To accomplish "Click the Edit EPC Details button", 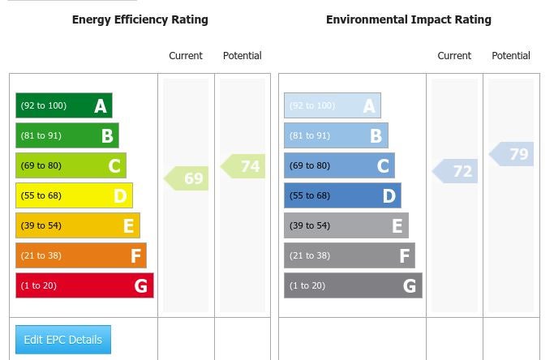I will (x=63, y=340).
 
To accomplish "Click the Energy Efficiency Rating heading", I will (x=140, y=19).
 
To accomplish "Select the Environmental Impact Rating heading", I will (x=408, y=19).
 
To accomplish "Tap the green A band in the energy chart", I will (x=63, y=105).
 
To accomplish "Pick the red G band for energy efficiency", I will (x=84, y=285).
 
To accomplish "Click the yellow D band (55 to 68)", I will (x=74, y=195).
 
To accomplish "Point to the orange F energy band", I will (x=80, y=255).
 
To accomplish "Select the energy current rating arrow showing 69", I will (x=187, y=178).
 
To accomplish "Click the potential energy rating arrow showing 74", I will (x=244, y=166).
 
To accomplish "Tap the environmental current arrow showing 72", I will (x=456, y=171).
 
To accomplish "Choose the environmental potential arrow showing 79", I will (x=513, y=154).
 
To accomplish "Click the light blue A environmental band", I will (x=332, y=105).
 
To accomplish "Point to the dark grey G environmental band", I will (x=353, y=285).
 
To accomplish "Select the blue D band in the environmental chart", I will (x=342, y=195).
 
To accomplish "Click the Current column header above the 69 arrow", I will (x=186, y=56).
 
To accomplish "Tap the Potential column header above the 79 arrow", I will (x=511, y=56).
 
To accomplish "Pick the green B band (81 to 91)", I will (x=67, y=135).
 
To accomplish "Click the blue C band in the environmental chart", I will (x=339, y=165).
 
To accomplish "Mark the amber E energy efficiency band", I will (x=77, y=225).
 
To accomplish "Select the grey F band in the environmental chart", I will (x=349, y=255).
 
